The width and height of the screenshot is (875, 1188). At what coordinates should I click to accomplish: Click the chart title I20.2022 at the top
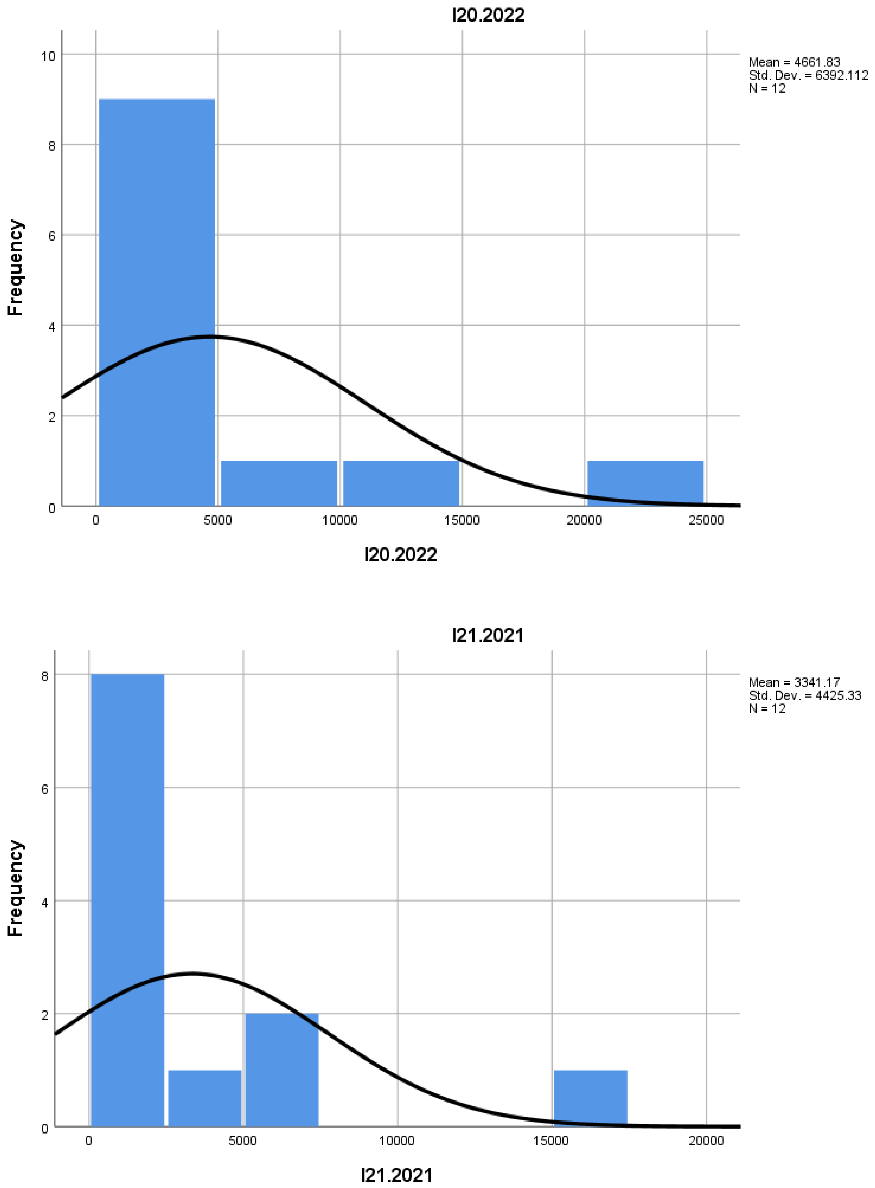pos(488,15)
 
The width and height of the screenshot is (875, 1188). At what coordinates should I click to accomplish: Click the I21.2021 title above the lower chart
pos(488,635)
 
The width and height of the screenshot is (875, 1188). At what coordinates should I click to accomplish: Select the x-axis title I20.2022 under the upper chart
pos(400,555)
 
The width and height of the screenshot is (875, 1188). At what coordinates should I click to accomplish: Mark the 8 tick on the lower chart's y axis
pos(45,676)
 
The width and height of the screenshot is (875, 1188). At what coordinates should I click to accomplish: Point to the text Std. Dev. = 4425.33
pos(805,695)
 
